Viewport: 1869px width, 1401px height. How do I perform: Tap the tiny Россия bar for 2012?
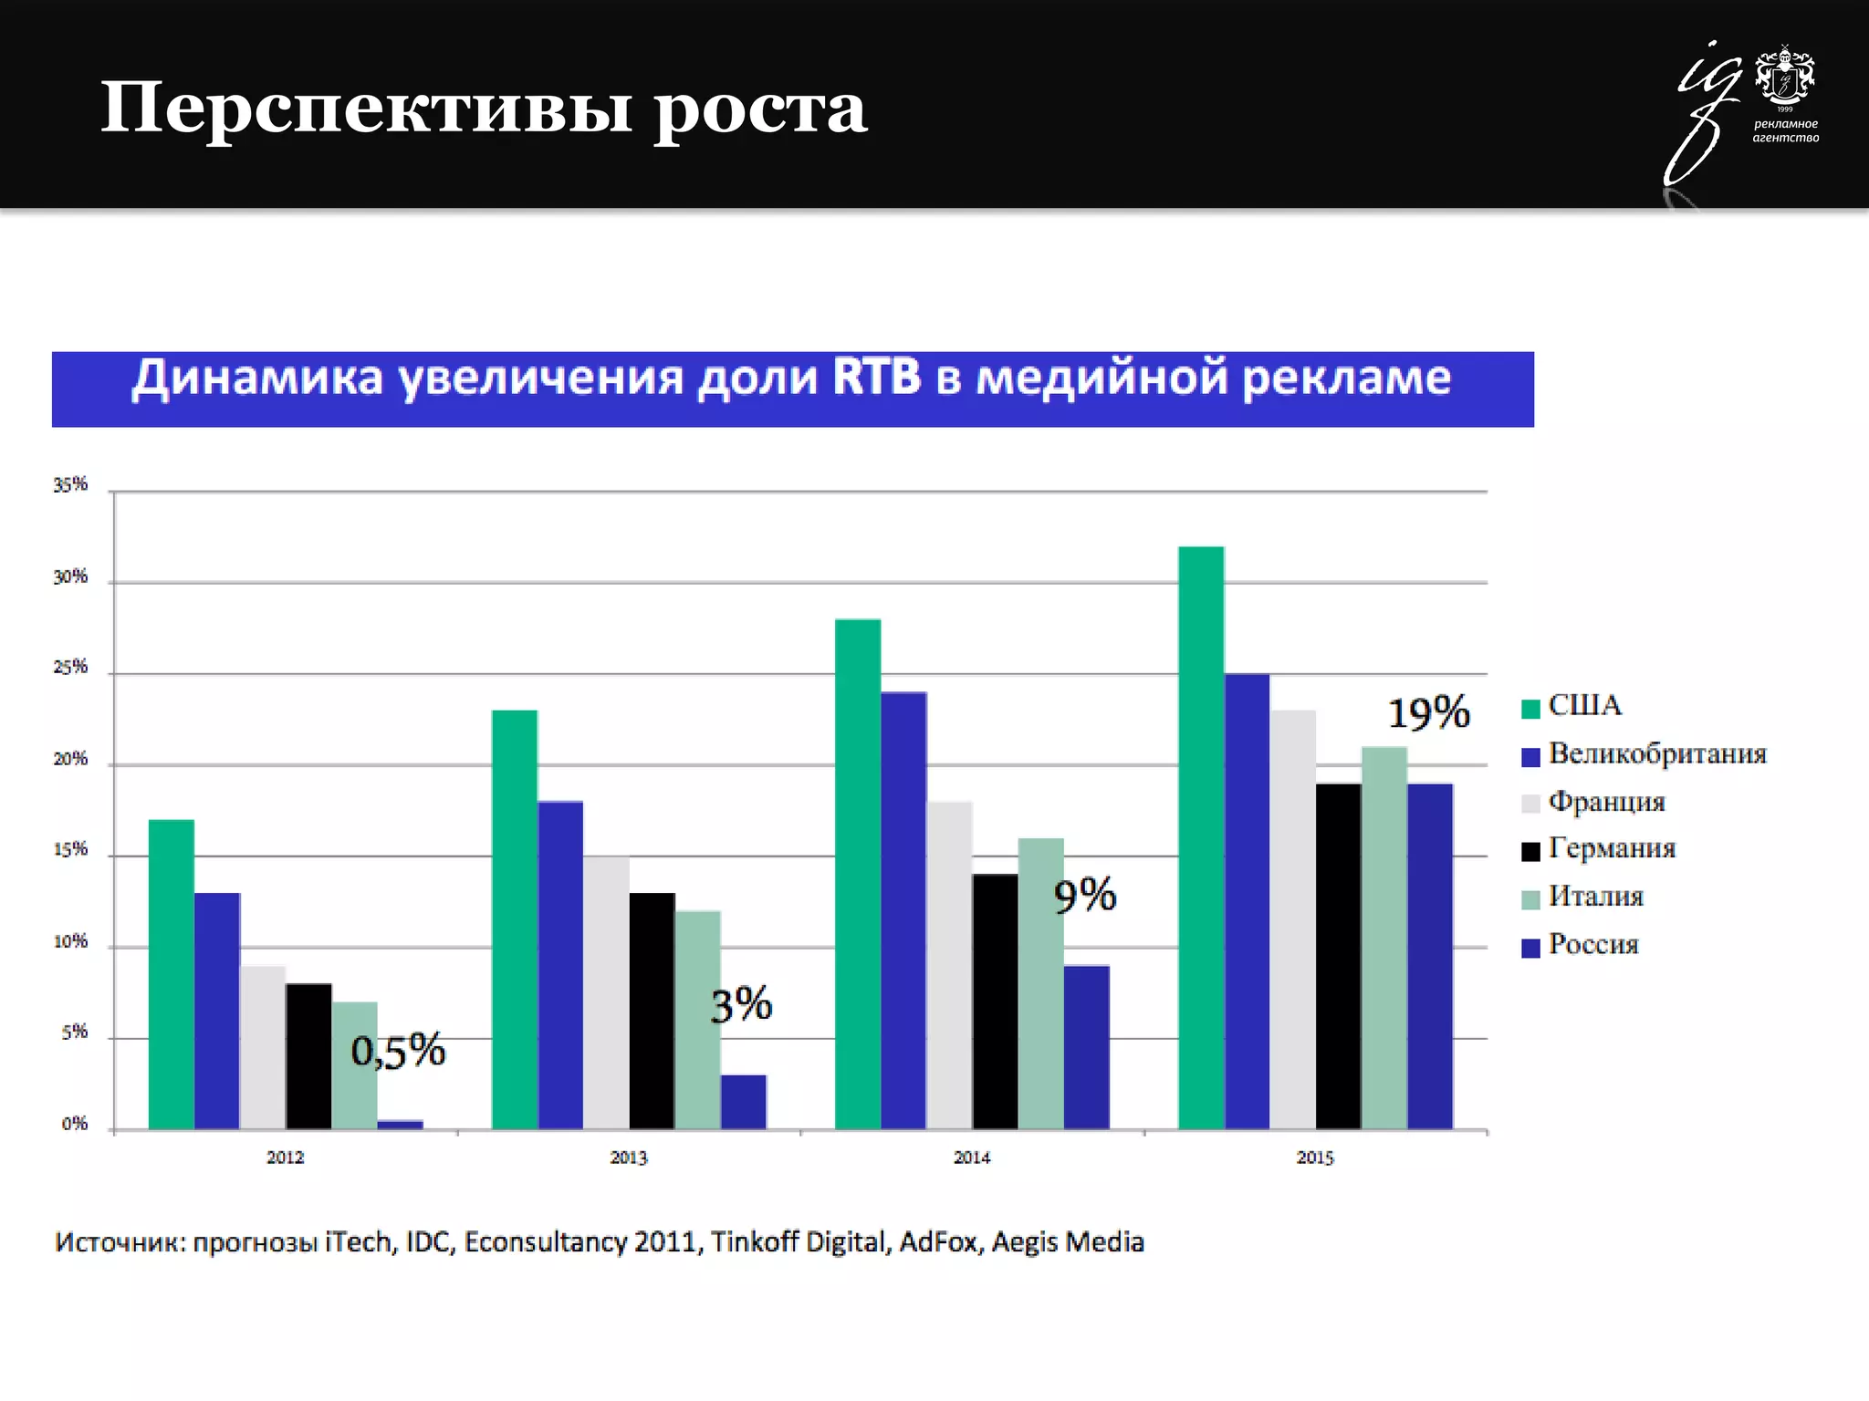click(x=401, y=1125)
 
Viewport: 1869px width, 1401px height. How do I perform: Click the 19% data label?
click(x=1428, y=712)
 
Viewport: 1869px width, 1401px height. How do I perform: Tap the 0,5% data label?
click(x=398, y=1051)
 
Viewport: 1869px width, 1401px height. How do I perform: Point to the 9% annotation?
click(x=1084, y=895)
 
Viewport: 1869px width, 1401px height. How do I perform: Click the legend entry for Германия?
click(x=1612, y=849)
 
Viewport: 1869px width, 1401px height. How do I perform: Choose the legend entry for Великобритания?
click(x=1656, y=754)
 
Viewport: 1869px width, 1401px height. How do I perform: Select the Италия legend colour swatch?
click(x=1530, y=899)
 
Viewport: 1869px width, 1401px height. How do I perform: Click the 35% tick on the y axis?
click(x=70, y=485)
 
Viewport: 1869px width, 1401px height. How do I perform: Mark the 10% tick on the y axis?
click(x=70, y=941)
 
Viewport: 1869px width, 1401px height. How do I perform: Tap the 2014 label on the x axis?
click(x=972, y=1157)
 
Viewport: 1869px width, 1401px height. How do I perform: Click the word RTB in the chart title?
click(x=876, y=378)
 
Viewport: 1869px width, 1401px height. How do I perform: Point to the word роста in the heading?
click(x=760, y=109)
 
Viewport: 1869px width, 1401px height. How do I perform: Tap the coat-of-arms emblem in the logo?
click(x=1785, y=77)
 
